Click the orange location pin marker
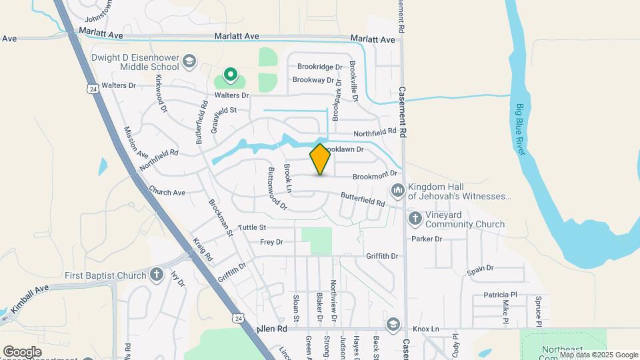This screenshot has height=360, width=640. coord(320,159)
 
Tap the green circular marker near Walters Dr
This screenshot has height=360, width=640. coord(231,75)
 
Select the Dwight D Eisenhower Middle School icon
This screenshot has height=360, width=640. coord(189,61)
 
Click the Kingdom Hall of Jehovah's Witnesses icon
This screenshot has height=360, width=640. coord(398,191)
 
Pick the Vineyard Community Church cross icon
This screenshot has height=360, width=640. coord(415,218)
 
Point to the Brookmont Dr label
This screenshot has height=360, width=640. coord(375,175)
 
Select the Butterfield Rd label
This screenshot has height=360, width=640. coord(363,199)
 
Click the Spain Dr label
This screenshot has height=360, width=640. coord(480,268)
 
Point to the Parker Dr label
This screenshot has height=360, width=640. coord(427,239)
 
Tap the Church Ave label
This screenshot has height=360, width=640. coord(167,191)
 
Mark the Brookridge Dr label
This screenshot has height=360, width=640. coord(319,67)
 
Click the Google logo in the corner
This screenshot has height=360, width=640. coord(22,352)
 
